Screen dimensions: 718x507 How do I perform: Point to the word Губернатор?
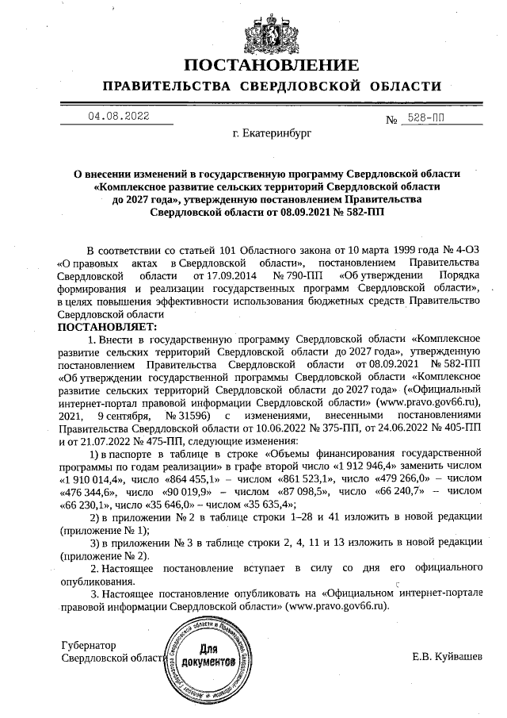(88, 646)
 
